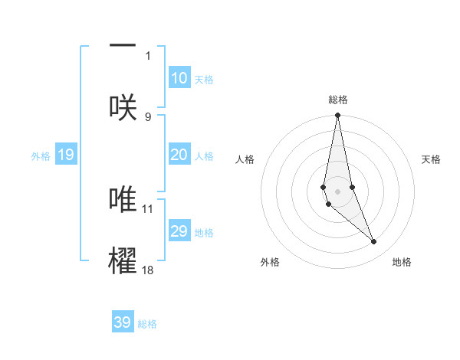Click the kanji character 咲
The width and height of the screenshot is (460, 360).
(123, 106)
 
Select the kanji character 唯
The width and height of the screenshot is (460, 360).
(123, 198)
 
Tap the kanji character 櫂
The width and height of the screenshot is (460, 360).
(123, 260)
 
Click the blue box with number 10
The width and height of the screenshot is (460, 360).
(179, 78)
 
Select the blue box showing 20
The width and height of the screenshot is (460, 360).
(179, 155)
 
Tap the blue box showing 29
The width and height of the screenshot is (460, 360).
(179, 231)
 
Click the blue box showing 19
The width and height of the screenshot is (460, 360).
(66, 155)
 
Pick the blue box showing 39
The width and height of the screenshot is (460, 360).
(122, 322)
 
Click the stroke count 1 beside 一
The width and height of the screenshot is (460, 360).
(148, 55)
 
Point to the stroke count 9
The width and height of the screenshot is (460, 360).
(148, 116)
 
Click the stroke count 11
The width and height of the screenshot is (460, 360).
(148, 208)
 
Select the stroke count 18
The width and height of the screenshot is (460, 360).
(148, 270)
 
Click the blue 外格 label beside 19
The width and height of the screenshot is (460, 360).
(41, 155)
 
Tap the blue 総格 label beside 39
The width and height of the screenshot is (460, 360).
(147, 324)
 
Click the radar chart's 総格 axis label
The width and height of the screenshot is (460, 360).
(338, 100)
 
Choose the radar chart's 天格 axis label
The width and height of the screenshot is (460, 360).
(432, 159)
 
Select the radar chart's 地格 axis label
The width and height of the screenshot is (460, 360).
(402, 262)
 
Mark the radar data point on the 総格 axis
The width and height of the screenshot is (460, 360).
(337, 116)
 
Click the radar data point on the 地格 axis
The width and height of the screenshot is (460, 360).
(374, 242)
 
